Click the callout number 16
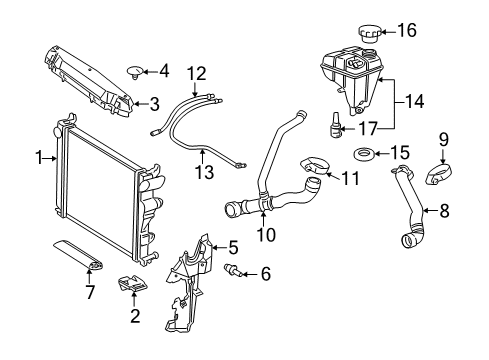coord(407,30)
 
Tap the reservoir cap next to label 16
coord(369,34)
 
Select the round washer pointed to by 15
coord(363,154)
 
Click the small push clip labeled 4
coord(135,73)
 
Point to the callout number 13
coord(204,172)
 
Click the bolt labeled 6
coord(234,270)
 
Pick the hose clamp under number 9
coord(438,175)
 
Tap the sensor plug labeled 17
coord(335,126)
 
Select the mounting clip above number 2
coord(133,284)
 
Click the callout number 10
coord(266,235)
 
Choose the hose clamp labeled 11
coord(315,166)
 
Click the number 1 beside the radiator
coord(40,158)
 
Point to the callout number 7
coord(90,292)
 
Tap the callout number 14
coord(414,101)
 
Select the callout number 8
coord(444,211)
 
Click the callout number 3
coord(154,104)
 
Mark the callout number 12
coord(197,74)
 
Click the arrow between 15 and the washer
coord(381,154)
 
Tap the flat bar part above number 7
coord(79,256)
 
